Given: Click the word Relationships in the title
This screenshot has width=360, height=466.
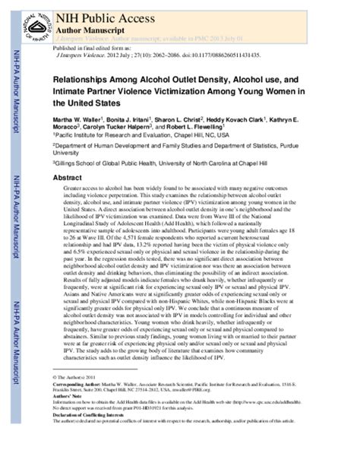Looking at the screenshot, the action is (81, 79).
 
